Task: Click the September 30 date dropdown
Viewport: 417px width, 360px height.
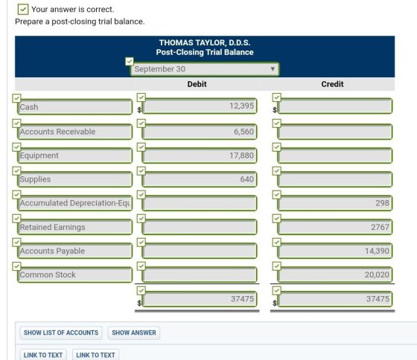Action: (x=205, y=69)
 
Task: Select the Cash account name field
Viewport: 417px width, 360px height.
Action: (x=74, y=107)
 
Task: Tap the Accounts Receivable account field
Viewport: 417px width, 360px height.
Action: (x=74, y=132)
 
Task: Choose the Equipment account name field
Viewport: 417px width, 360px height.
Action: (x=74, y=155)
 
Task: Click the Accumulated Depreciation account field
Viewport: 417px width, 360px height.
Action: (x=74, y=203)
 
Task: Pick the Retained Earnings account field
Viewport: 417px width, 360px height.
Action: (x=74, y=227)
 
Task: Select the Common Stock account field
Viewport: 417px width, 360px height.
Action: (x=74, y=274)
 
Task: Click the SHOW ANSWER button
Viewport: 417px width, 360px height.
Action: (x=134, y=332)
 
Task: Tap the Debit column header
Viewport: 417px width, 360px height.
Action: (x=197, y=84)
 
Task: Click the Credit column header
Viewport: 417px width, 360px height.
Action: (x=332, y=84)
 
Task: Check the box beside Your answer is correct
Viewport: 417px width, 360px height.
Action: (x=23, y=10)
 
